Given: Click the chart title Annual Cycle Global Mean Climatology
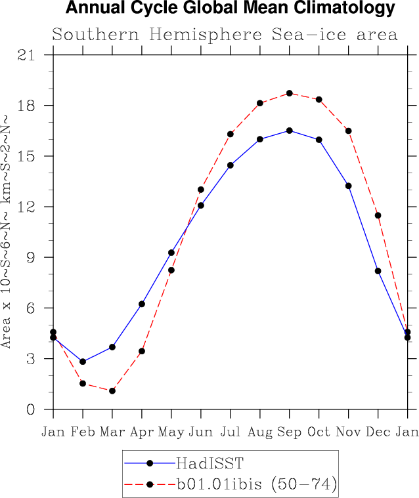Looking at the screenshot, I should click(231, 9).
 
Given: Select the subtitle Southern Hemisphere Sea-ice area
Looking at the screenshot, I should click(225, 35).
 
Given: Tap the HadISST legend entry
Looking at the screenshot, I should click(209, 463).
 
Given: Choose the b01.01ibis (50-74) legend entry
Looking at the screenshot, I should click(257, 484).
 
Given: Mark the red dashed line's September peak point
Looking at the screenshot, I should click(290, 93).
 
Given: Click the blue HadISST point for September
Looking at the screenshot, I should click(290, 131).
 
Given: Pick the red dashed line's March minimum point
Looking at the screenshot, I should click(112, 391).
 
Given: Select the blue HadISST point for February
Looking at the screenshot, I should click(83, 362).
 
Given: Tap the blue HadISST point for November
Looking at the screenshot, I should click(349, 186).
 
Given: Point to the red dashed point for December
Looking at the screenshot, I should click(378, 215).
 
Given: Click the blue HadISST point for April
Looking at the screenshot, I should click(142, 304).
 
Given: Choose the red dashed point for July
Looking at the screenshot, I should click(231, 134).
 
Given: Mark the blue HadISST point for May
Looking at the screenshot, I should click(171, 253).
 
